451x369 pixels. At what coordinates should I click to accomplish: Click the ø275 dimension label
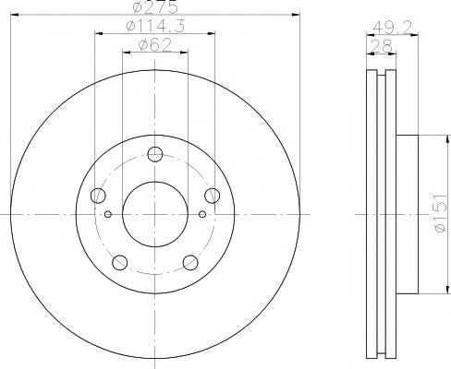[154, 7]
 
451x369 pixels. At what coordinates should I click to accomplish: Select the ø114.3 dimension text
[154, 29]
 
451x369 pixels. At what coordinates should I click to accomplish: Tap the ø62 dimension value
[154, 45]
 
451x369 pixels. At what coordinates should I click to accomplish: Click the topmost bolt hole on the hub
[155, 154]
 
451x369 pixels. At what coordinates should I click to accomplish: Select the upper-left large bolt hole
[98, 195]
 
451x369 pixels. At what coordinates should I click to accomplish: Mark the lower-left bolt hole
[120, 262]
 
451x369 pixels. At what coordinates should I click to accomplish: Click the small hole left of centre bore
[108, 216]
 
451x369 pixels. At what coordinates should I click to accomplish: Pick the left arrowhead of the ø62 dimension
[128, 53]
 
